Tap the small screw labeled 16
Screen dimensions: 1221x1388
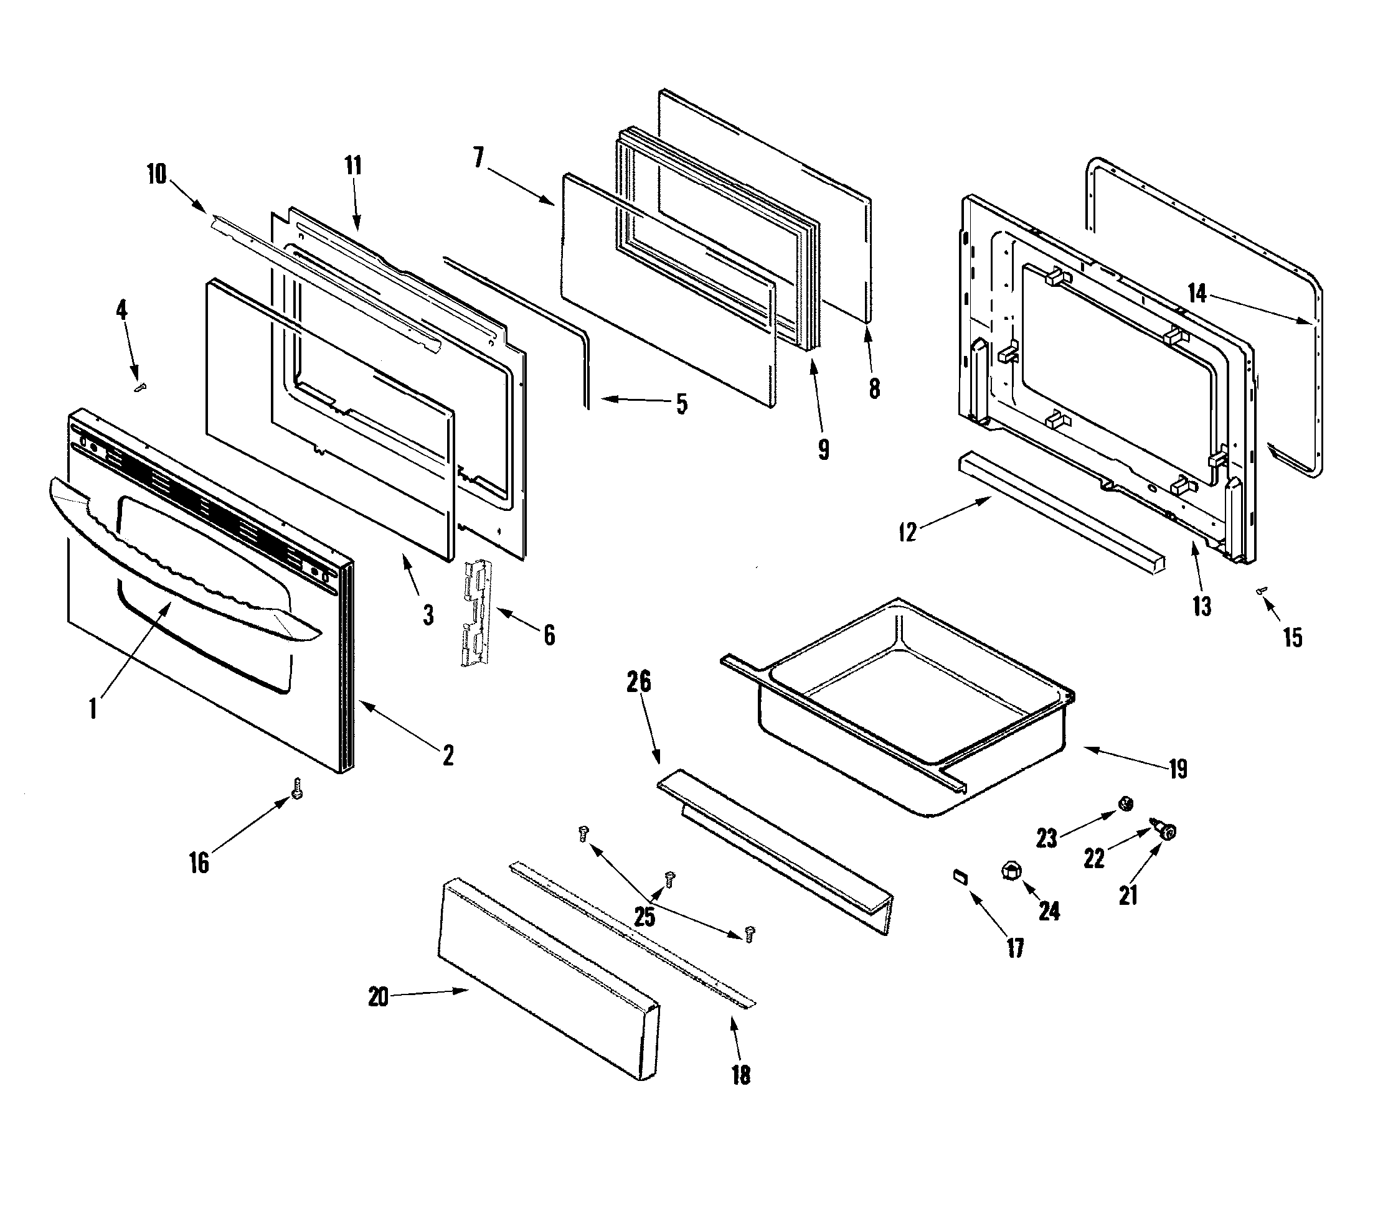(x=297, y=788)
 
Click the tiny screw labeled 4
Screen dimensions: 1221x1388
(x=141, y=387)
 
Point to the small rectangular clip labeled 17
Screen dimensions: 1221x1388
(x=960, y=876)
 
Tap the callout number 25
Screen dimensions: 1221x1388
(x=644, y=916)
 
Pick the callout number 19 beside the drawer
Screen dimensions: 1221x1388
(x=1178, y=769)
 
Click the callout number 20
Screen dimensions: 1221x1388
(x=378, y=997)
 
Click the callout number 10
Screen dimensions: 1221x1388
(x=157, y=174)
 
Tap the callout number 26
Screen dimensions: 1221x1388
(x=638, y=681)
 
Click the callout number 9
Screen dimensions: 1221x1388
(x=823, y=449)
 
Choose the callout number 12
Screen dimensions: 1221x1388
(x=907, y=532)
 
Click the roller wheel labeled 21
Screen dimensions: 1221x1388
(x=1168, y=831)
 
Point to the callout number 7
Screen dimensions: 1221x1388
(x=479, y=157)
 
